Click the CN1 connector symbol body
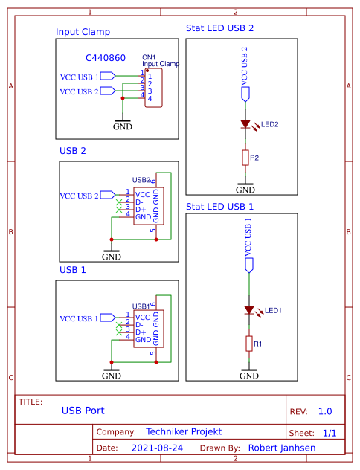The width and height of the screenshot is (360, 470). pos(153,88)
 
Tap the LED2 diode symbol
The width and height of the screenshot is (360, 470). pos(245,125)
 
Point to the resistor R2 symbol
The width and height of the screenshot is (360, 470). pos(245,158)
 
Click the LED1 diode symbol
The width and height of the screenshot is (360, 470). pos(249,310)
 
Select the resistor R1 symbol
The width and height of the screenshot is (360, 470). pos(249,344)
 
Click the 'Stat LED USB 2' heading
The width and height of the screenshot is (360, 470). pos(219,28)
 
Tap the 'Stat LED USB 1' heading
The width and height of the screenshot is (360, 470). pos(219,206)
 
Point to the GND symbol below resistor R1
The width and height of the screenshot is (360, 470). pos(249,374)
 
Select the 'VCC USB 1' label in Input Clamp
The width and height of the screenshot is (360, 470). pos(78,76)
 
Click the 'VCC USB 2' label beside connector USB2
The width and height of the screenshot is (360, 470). pos(78,196)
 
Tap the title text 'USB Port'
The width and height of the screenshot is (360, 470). pos(83,410)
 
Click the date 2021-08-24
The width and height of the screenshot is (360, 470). pos(157,448)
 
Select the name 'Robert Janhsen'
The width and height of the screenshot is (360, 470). pos(281,448)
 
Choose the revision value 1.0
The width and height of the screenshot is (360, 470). pos(325,411)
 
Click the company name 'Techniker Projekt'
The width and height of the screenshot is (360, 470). pos(184,431)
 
